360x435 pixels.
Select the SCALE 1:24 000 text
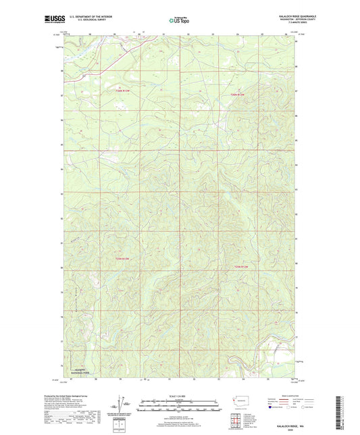[x=179, y=396]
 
